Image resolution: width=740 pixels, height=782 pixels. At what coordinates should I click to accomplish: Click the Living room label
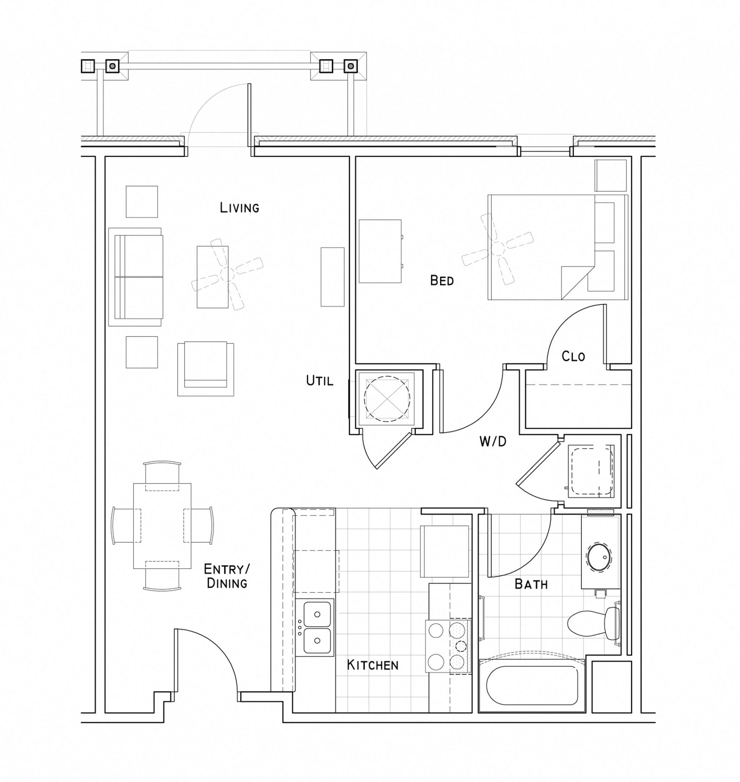[240, 207]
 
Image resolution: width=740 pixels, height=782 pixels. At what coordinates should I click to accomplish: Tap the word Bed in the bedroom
[442, 281]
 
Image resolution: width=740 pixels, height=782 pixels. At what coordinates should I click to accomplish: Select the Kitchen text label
[373, 665]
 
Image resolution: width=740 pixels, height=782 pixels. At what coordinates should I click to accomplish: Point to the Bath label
[531, 584]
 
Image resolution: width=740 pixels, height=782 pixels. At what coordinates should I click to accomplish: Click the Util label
[320, 381]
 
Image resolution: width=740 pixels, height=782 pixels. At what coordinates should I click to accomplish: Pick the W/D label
[493, 442]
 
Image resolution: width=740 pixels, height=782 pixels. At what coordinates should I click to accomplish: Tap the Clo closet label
[573, 356]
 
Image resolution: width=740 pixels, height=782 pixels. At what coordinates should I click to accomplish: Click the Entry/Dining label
[227, 576]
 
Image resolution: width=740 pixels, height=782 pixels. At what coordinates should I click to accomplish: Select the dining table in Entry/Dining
[162, 525]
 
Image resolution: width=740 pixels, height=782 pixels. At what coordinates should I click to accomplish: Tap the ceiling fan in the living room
[227, 274]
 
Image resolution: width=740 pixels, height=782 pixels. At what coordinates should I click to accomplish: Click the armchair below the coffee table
[206, 369]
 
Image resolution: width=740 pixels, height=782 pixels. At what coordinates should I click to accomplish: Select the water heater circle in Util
[387, 399]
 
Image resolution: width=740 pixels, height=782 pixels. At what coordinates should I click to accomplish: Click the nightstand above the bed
[610, 175]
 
